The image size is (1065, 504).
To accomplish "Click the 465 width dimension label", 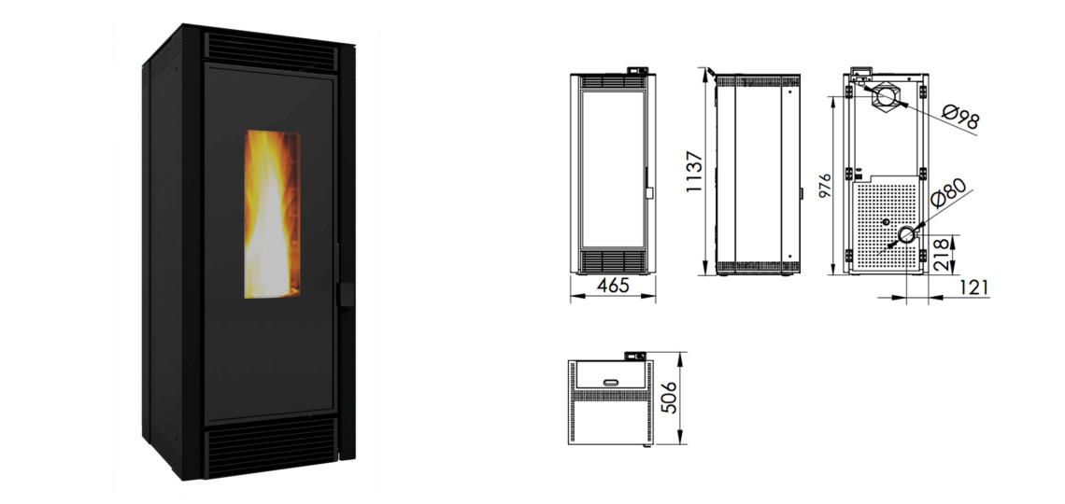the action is pyautogui.click(x=614, y=286).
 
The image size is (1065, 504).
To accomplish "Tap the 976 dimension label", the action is pyautogui.click(x=824, y=185).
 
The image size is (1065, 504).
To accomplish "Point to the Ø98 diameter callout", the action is pyautogui.click(x=961, y=116).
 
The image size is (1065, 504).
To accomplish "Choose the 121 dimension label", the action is pyautogui.click(x=974, y=287).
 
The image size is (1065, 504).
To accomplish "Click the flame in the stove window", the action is pyautogui.click(x=272, y=215).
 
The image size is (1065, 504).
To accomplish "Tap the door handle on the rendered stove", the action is pyautogui.click(x=346, y=294).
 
